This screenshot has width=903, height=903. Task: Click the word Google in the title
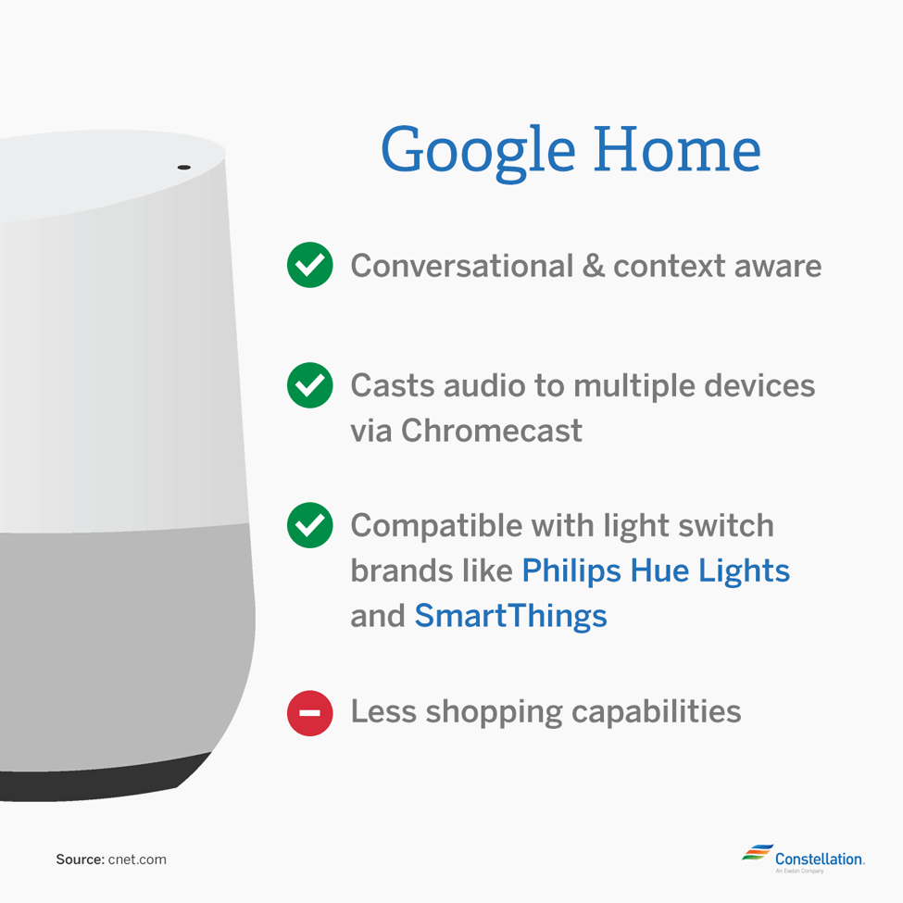pyautogui.click(x=478, y=152)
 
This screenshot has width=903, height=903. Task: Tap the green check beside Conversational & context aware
pyautogui.click(x=310, y=265)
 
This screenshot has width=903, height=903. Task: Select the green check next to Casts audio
pyautogui.click(x=310, y=385)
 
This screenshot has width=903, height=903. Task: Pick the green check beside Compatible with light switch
pyautogui.click(x=310, y=525)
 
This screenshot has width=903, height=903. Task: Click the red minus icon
pyautogui.click(x=310, y=713)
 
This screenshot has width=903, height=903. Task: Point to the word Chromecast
pyautogui.click(x=491, y=430)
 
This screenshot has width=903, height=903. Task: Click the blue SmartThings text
pyautogui.click(x=510, y=616)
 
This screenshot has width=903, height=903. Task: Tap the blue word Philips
pyautogui.click(x=571, y=571)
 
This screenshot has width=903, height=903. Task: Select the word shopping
pyautogui.click(x=494, y=713)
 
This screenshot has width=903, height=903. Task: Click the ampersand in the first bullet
pyautogui.click(x=593, y=266)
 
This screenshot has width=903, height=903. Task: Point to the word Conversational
pyautogui.click(x=462, y=266)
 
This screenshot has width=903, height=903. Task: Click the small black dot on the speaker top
pyautogui.click(x=183, y=167)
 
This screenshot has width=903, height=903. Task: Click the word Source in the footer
pyautogui.click(x=80, y=859)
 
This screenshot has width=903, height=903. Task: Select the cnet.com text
pyautogui.click(x=137, y=859)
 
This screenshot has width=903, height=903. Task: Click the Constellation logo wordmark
pyautogui.click(x=820, y=859)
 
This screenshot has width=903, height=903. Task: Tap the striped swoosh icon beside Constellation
pyautogui.click(x=757, y=852)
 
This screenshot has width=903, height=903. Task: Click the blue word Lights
pyautogui.click(x=744, y=571)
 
